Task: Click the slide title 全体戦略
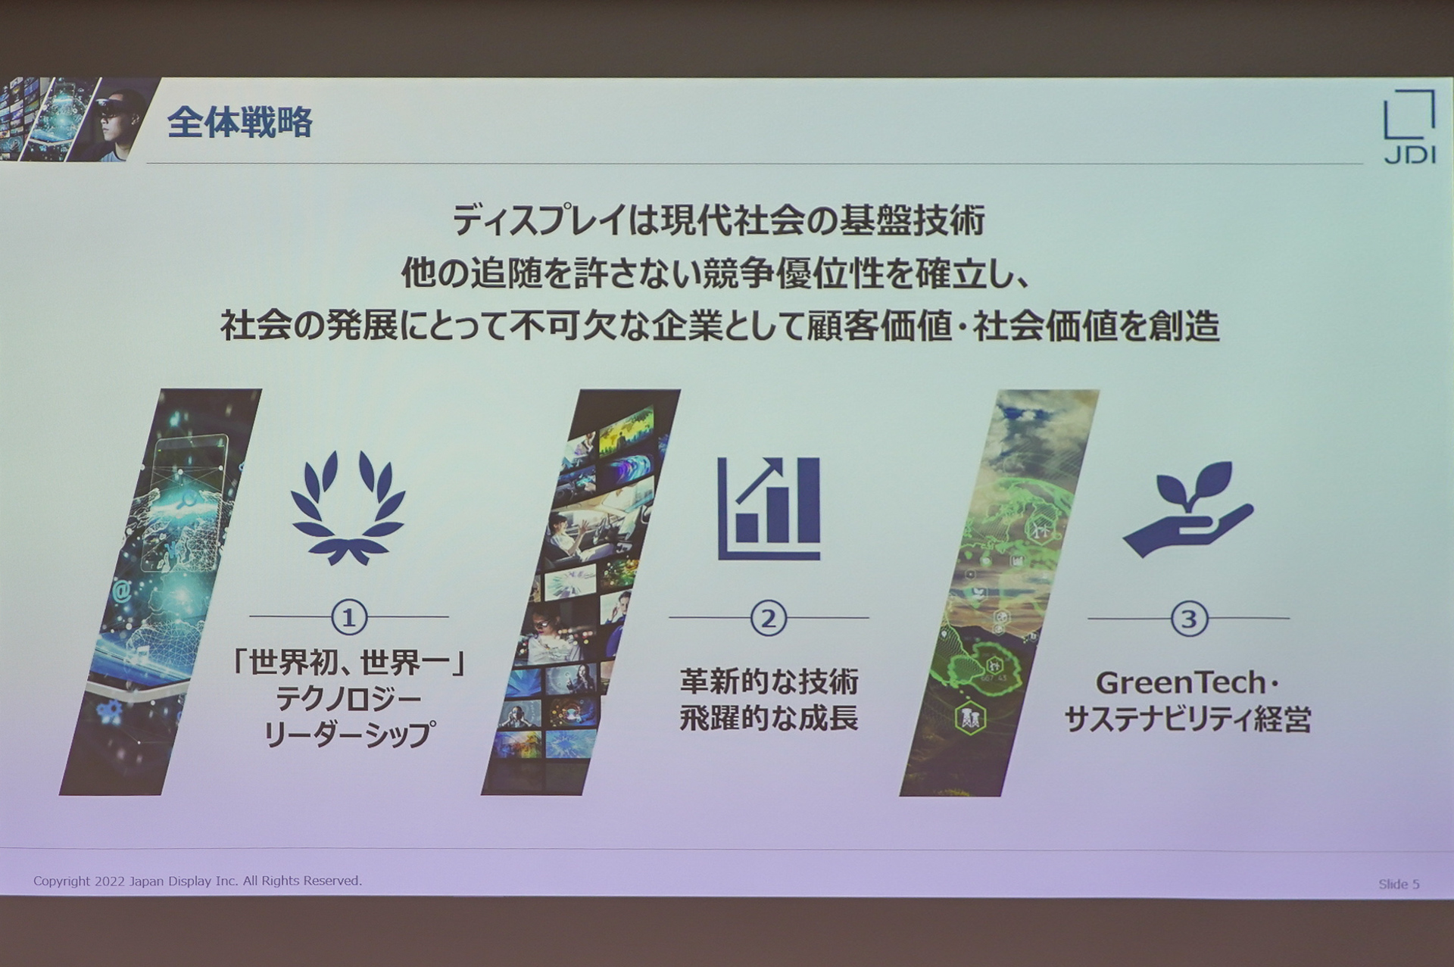point(239,122)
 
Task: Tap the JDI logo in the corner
point(1409,126)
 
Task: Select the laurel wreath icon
point(348,507)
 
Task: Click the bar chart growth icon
point(769,508)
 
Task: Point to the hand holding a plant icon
point(1187,509)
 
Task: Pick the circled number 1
point(349,618)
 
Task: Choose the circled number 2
point(769,619)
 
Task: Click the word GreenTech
point(1180,683)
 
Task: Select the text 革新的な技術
point(769,682)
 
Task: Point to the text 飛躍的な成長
point(769,718)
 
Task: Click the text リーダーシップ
point(349,734)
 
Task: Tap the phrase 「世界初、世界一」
point(349,663)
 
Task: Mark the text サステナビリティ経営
point(1187,719)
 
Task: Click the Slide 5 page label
point(1398,884)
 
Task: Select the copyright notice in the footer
point(198,881)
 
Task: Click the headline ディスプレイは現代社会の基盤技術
point(719,221)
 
